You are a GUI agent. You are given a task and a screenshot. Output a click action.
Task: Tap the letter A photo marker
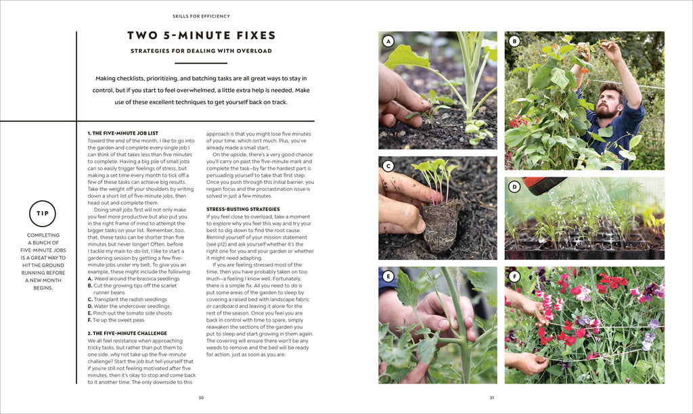coord(388,41)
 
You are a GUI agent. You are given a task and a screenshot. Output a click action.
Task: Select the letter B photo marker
coord(514,41)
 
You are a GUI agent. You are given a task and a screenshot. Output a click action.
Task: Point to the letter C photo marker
coord(388,166)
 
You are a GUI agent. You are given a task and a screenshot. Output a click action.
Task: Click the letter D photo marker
coord(514,187)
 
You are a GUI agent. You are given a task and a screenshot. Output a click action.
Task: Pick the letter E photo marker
coord(388,276)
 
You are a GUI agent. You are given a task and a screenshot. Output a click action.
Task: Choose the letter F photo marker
coord(514,276)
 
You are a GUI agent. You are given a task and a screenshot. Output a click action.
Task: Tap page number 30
coord(201,398)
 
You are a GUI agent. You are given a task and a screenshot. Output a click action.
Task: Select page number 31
coord(492,398)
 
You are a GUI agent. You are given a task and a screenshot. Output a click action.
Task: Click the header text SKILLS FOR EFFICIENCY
coord(201,16)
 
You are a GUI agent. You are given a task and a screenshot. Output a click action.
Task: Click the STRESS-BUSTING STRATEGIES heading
coord(243,209)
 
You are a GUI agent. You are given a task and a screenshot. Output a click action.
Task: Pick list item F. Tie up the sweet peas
coord(120,319)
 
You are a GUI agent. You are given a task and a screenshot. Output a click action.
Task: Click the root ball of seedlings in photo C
coord(441,223)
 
